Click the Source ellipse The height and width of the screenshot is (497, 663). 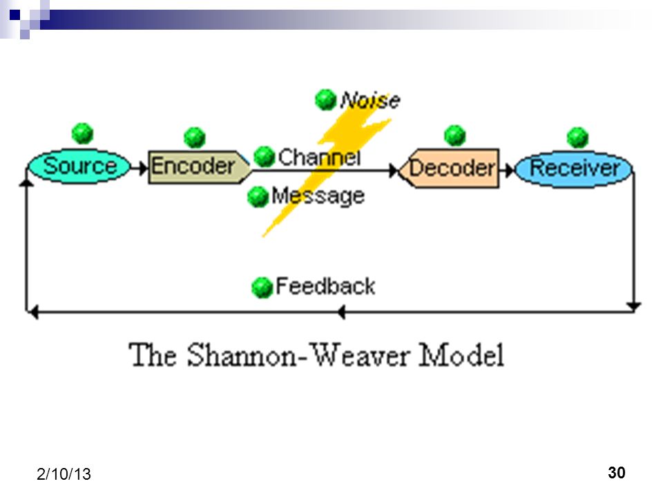pyautogui.click(x=79, y=166)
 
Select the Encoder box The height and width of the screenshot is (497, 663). pyautogui.click(x=199, y=166)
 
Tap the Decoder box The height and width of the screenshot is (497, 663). pyautogui.click(x=449, y=168)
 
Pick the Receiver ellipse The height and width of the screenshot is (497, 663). pyautogui.click(x=574, y=168)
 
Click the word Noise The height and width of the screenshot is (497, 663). pyautogui.click(x=370, y=101)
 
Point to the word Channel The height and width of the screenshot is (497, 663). pyautogui.click(x=319, y=157)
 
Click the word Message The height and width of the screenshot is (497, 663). pyautogui.click(x=318, y=196)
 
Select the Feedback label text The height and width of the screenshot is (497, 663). pyautogui.click(x=325, y=286)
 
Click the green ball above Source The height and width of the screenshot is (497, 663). pyautogui.click(x=82, y=133)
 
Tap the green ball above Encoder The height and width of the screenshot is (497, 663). pyautogui.click(x=195, y=137)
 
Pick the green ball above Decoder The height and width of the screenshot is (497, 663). pyautogui.click(x=455, y=136)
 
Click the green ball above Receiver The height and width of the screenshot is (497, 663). pyautogui.click(x=577, y=138)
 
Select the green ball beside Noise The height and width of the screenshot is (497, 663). pyautogui.click(x=325, y=99)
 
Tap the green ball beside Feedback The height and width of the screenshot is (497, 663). pyautogui.click(x=262, y=287)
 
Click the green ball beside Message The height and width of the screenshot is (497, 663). pyautogui.click(x=258, y=197)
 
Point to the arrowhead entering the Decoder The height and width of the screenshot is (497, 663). pyautogui.click(x=394, y=170)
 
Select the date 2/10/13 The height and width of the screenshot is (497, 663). pyautogui.click(x=64, y=474)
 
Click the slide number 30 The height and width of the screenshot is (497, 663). pyautogui.click(x=617, y=472)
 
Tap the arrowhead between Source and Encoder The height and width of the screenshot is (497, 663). pyautogui.click(x=143, y=168)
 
